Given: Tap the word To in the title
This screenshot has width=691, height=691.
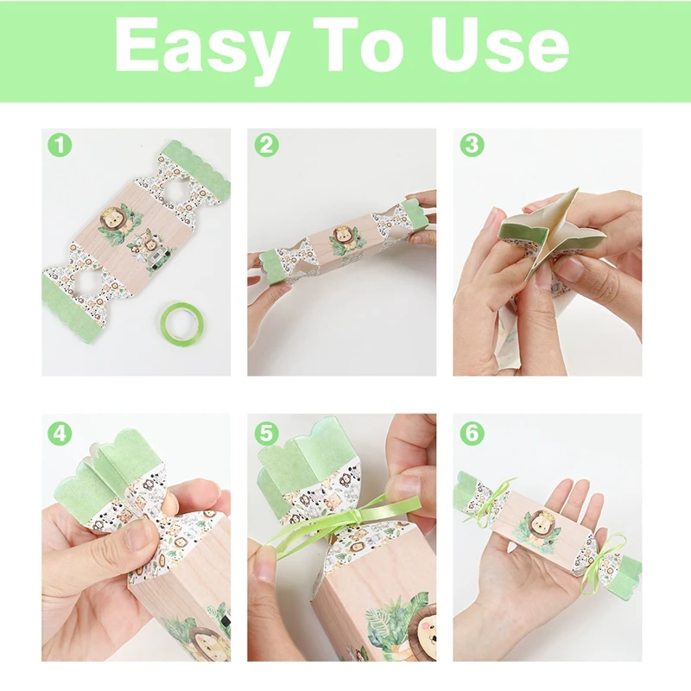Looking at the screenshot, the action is [359, 45].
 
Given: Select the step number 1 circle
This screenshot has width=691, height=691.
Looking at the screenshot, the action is [60, 144].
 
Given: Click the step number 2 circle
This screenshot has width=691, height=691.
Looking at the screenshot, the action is [266, 144].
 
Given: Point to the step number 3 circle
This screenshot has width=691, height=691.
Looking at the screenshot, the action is [472, 144].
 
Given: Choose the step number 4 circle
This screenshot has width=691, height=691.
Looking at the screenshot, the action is [60, 434].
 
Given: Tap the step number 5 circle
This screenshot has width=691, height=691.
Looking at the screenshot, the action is [266, 434].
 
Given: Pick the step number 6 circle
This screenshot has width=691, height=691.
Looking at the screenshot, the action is [472, 434].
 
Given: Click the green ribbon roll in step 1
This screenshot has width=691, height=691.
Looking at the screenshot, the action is [182, 320].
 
